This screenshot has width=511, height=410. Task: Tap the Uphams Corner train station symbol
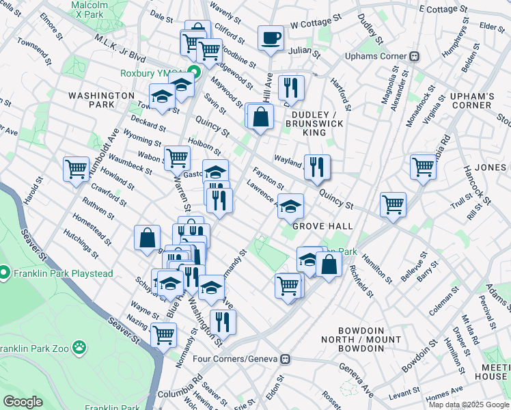(414, 56)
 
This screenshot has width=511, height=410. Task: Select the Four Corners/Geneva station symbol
(287, 359)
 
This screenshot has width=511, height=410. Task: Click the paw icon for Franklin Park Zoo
(79, 347)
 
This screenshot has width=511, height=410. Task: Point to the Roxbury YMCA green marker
(195, 72)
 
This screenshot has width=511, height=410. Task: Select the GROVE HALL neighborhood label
(322, 226)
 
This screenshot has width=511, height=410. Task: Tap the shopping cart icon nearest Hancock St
(424, 166)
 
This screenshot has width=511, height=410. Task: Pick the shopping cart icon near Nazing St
(163, 335)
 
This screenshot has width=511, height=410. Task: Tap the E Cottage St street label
(444, 10)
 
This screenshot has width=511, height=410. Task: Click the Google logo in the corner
(23, 402)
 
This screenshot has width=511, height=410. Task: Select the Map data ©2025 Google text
(469, 405)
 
